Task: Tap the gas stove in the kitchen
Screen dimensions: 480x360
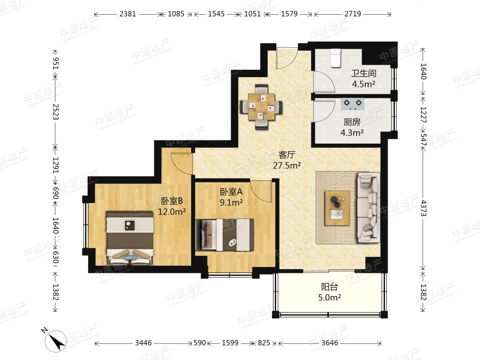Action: coord(352,104)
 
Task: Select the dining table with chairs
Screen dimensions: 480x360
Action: coord(261,107)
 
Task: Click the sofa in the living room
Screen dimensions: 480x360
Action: coord(368,208)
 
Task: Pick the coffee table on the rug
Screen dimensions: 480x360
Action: coord(337,208)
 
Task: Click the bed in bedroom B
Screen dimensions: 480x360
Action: coord(130,238)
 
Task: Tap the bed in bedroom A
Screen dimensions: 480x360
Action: coord(225,235)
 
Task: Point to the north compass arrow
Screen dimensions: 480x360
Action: coord(55,341)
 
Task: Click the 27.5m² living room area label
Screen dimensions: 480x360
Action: coord(287,166)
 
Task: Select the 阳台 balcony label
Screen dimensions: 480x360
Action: coord(329,287)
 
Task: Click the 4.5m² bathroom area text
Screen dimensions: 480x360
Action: coord(364,84)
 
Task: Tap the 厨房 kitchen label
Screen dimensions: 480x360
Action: coord(352,122)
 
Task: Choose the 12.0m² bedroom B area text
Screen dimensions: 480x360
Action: coord(172,212)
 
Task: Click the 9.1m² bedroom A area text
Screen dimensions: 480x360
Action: coord(231,202)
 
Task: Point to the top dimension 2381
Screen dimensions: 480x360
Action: coord(128,14)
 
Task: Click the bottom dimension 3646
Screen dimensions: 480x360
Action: coord(329,343)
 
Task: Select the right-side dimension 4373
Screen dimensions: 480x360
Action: coord(424,208)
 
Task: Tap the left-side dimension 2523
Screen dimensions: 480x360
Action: coord(56,112)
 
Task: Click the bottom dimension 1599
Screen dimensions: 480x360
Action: coord(230,343)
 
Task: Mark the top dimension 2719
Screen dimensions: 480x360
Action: coord(352,14)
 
